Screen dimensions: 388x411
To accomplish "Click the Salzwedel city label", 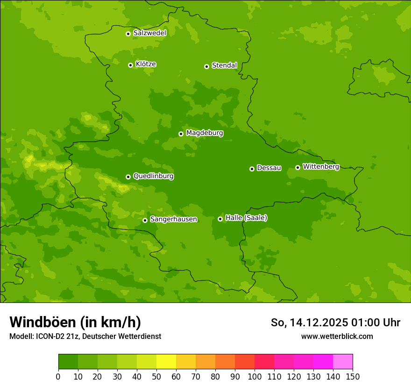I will pyautogui.click(x=149, y=33).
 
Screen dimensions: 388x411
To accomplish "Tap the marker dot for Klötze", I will pyautogui.click(x=130, y=65).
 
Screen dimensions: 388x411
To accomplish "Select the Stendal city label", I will pyautogui.click(x=224, y=65).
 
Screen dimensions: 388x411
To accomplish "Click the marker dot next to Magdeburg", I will pyautogui.click(x=181, y=134).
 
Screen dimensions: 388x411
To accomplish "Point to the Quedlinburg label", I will pyautogui.click(x=153, y=176).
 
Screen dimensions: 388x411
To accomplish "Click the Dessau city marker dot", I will pyautogui.click(x=252, y=169).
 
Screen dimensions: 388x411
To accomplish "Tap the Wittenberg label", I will pyautogui.click(x=321, y=166).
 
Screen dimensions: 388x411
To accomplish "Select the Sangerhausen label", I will pyautogui.click(x=173, y=219).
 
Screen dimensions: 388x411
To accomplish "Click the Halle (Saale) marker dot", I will pyautogui.click(x=220, y=219).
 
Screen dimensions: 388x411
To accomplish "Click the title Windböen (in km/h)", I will pyautogui.click(x=75, y=322).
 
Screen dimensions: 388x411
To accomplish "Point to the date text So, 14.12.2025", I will pyautogui.click(x=309, y=323).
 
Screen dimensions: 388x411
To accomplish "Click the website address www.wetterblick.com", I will pyautogui.click(x=337, y=336).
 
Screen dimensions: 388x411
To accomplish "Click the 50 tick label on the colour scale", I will pyautogui.click(x=156, y=376).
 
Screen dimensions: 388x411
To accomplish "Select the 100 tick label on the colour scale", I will pyautogui.click(x=255, y=376).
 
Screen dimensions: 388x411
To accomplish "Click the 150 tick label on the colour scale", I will pyautogui.click(x=353, y=376).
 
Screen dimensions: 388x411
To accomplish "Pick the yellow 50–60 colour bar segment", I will pyautogui.click(x=166, y=361).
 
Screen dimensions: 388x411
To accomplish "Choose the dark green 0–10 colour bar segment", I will pyautogui.click(x=68, y=361).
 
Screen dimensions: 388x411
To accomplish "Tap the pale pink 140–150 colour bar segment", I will pyautogui.click(x=343, y=361).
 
